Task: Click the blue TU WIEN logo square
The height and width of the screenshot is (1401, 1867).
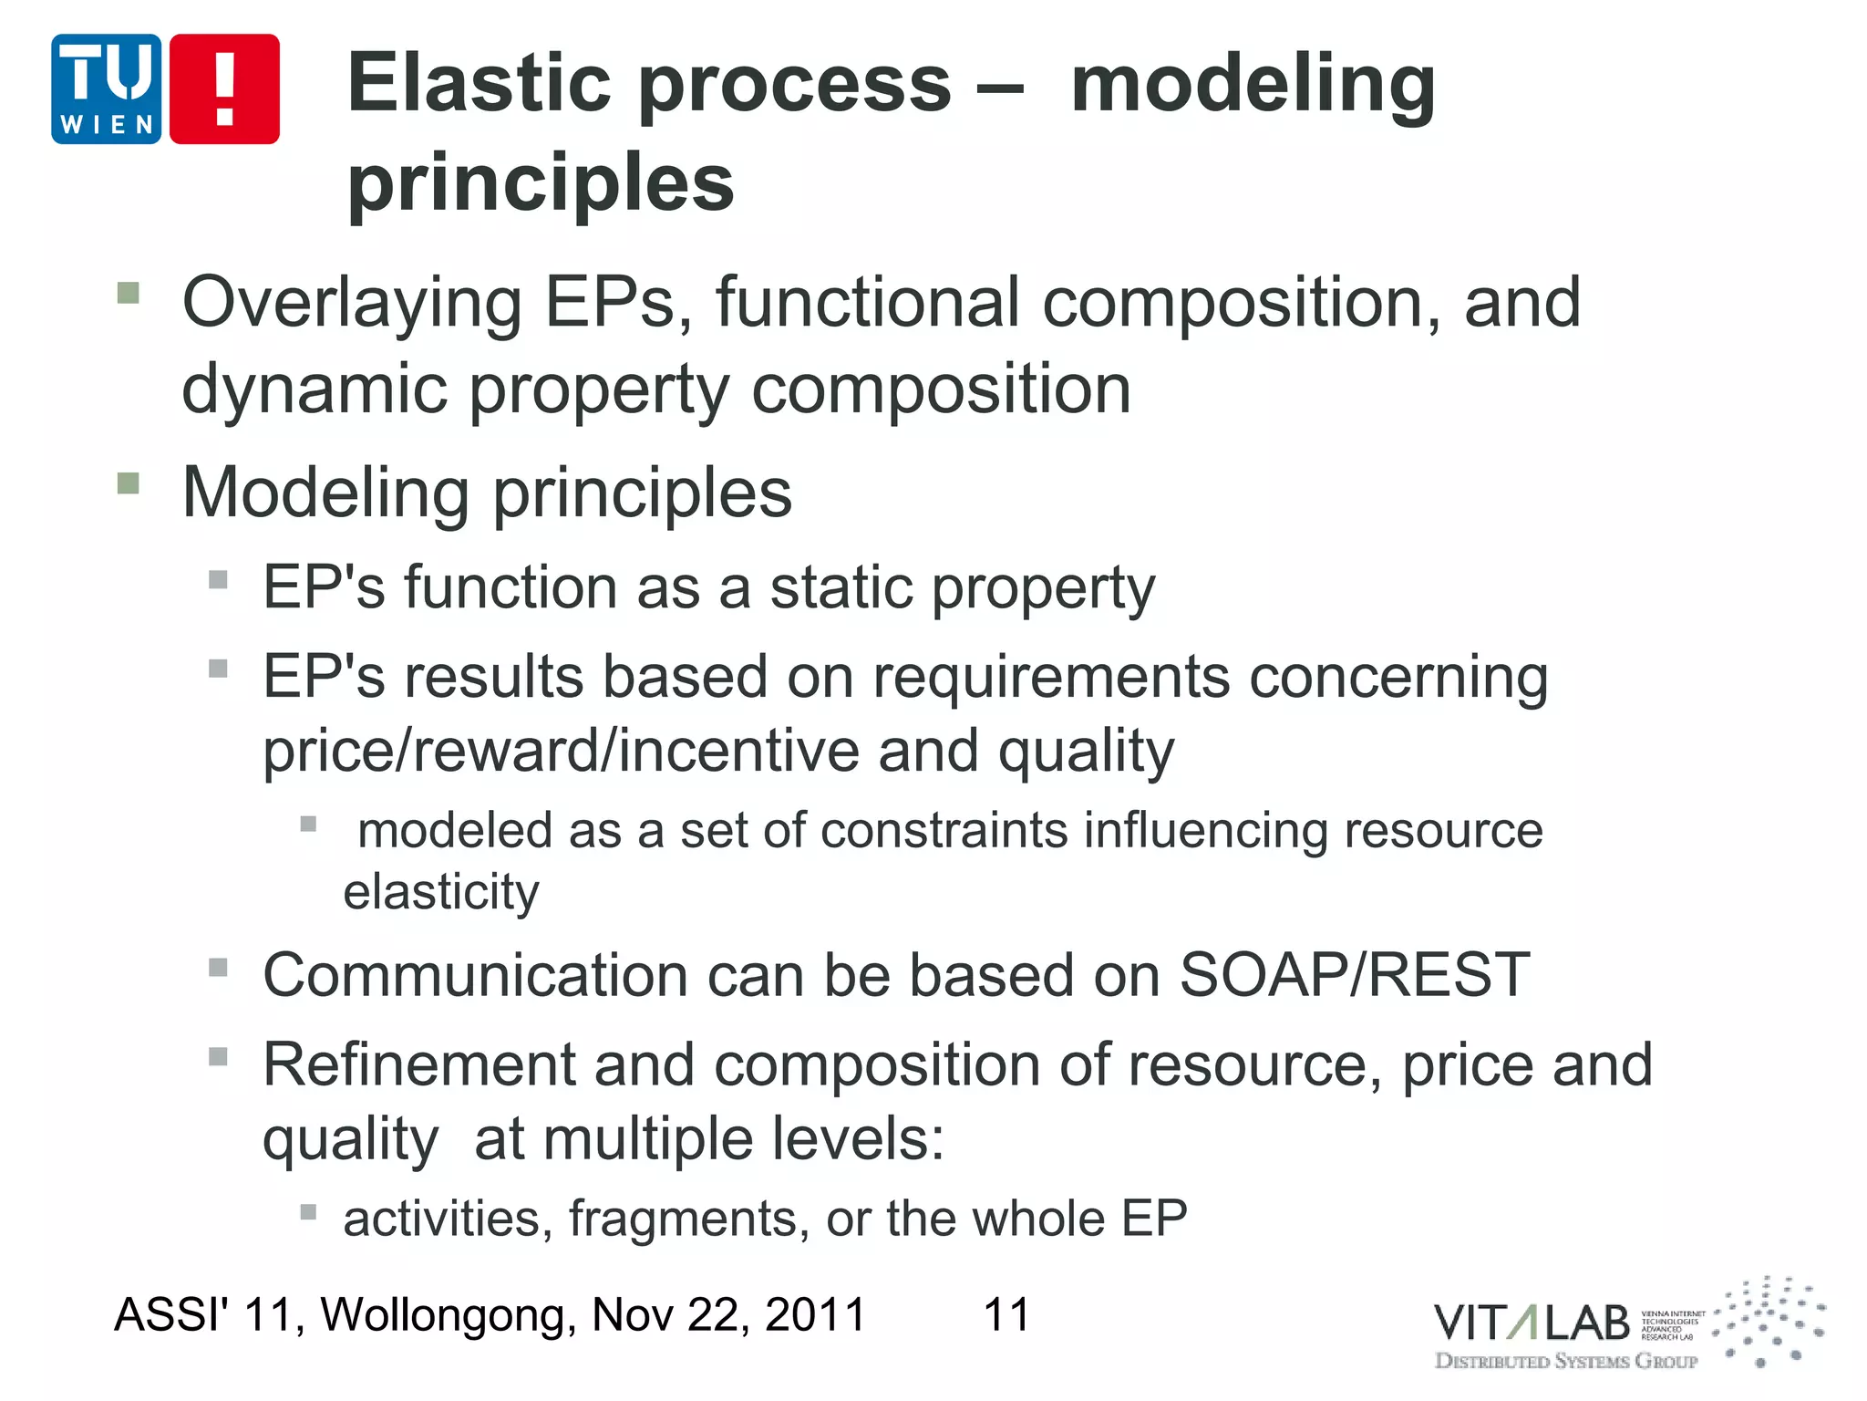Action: (107, 89)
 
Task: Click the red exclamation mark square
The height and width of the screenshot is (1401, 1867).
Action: (224, 89)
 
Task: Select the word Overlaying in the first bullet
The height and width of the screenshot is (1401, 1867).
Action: (352, 304)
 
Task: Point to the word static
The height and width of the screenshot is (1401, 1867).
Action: (841, 587)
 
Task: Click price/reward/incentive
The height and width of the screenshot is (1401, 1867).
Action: (560, 752)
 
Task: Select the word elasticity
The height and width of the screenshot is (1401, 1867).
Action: (441, 891)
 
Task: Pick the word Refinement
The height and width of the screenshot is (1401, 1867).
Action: (419, 1064)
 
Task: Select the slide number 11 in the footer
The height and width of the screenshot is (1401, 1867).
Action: (1006, 1315)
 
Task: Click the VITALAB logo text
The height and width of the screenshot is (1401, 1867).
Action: (1532, 1323)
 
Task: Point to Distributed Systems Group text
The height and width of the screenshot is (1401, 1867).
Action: (1566, 1362)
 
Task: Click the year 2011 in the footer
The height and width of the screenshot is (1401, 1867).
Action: (815, 1315)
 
